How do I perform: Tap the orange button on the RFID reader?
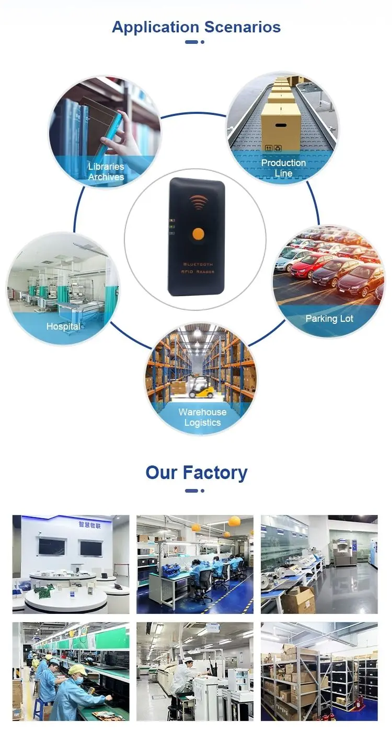(x=197, y=234)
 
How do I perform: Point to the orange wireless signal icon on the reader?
(x=198, y=202)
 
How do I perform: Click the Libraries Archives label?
(x=106, y=172)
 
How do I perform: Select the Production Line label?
(x=284, y=168)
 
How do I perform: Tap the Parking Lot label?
(x=329, y=319)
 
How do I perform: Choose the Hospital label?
(x=63, y=327)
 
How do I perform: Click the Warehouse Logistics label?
(x=202, y=417)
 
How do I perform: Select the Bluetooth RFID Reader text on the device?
(x=197, y=269)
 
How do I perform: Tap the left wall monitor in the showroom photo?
(x=51, y=547)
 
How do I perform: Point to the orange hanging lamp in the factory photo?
(x=234, y=521)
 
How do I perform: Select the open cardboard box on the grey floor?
(x=298, y=600)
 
